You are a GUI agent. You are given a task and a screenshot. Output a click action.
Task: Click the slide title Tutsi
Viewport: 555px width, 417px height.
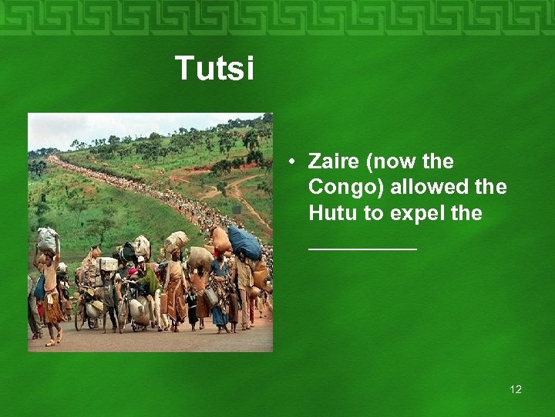214,68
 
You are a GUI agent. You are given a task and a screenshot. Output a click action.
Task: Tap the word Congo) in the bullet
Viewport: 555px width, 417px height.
346,188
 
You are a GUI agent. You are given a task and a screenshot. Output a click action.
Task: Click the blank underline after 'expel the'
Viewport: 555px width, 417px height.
362,247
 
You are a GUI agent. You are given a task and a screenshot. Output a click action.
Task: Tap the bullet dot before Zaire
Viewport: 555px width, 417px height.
293,162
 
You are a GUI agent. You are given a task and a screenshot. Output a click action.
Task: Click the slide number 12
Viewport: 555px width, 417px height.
515,389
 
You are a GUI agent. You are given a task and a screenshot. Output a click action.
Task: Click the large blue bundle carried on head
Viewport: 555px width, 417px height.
244,242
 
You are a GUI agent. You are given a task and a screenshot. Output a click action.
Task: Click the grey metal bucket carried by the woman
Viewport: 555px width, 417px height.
210,296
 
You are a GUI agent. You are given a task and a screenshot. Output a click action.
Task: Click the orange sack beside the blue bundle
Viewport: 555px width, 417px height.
220,239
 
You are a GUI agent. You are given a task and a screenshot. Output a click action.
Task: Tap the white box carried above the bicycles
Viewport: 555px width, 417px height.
107,264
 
